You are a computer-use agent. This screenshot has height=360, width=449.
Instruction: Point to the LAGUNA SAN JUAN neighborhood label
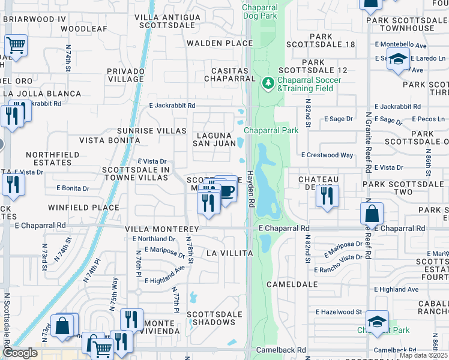pos(214,139)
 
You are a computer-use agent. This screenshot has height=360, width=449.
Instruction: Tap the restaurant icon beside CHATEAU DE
pos(327,196)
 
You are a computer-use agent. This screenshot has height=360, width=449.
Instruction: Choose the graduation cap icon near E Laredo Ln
pos(397,59)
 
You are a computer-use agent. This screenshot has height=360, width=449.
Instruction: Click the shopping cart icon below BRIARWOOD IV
pos(16,45)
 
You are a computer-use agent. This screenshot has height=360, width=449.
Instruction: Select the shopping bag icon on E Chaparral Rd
pos(372,213)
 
